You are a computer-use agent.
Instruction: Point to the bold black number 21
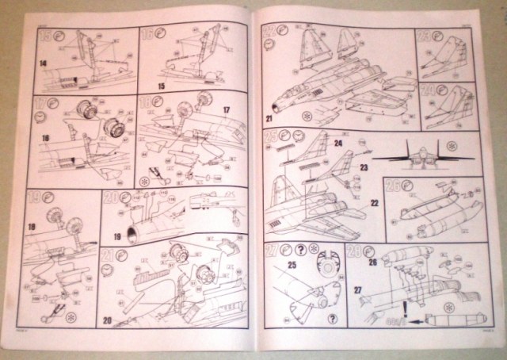click(x=269, y=118)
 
